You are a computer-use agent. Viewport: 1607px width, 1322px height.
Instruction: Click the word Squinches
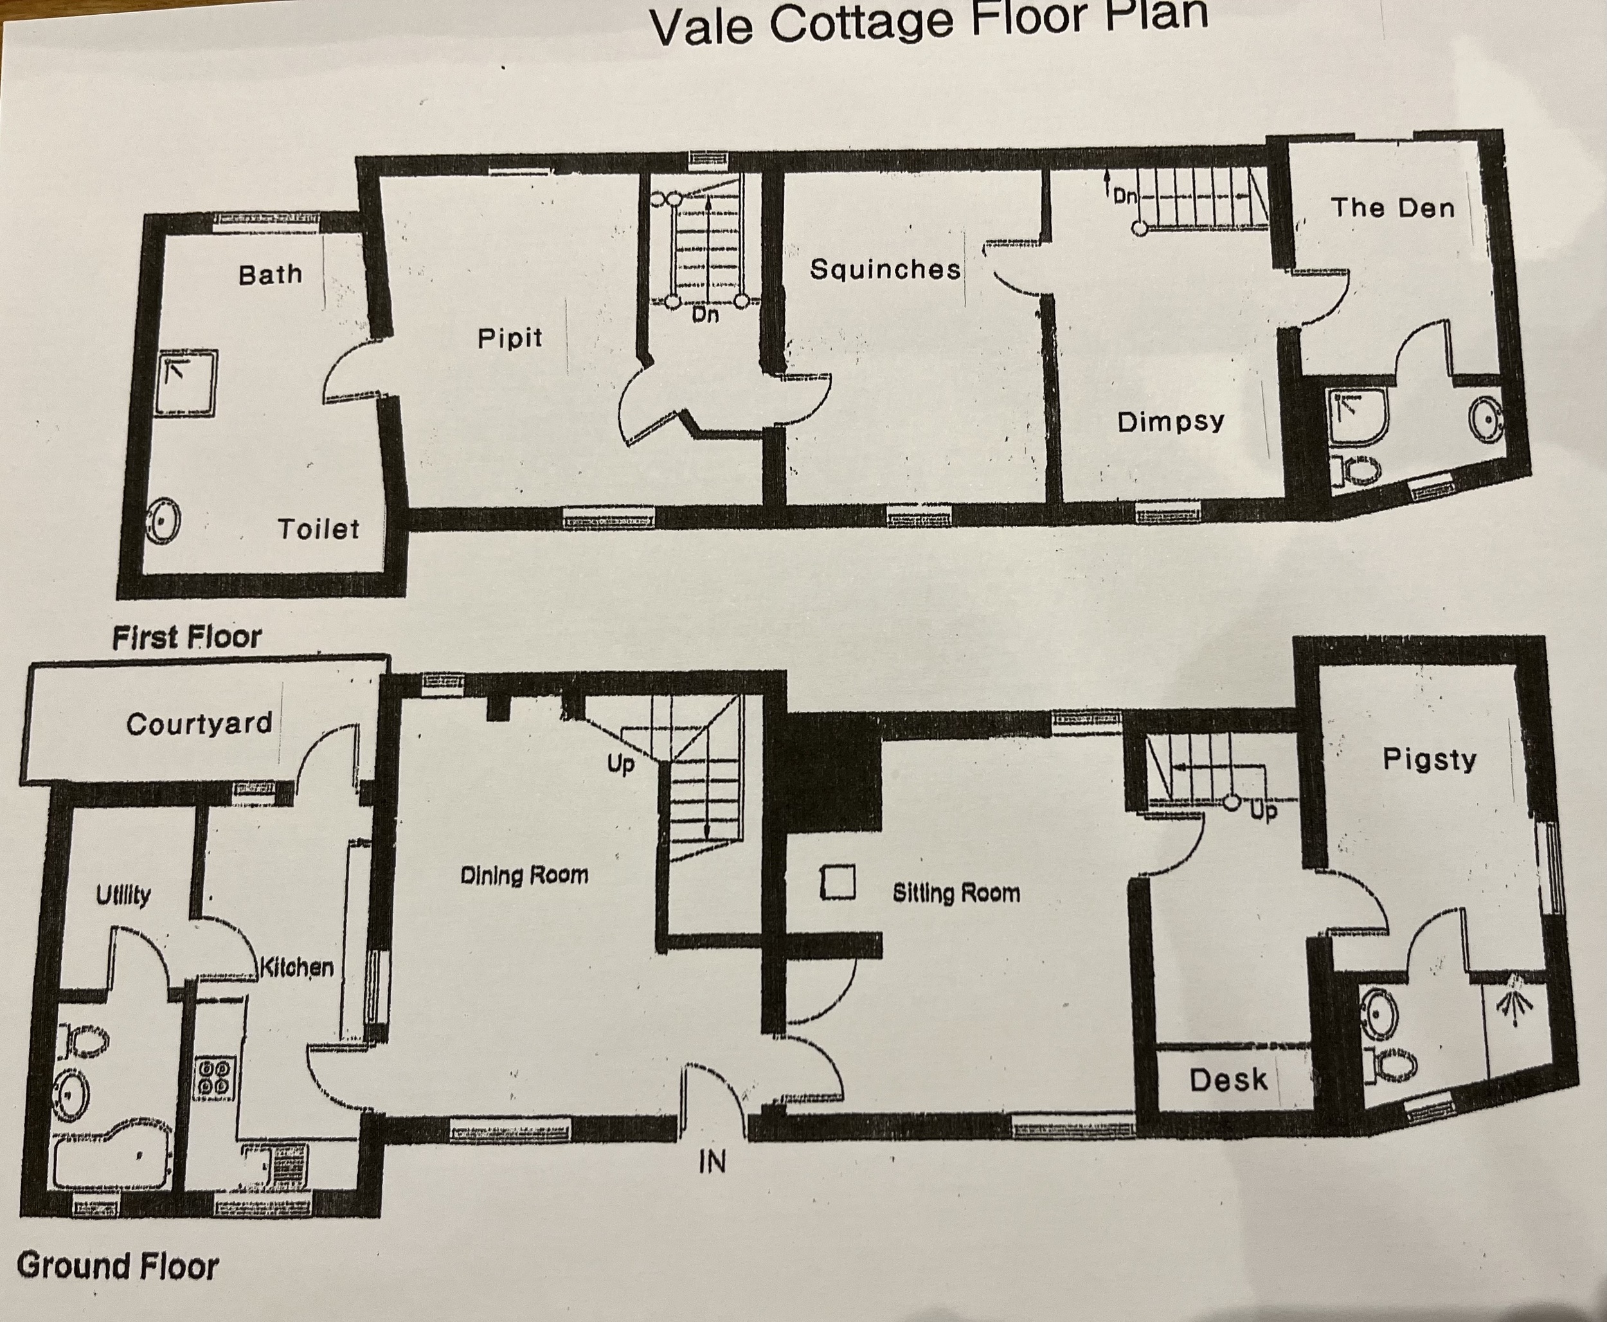point(884,269)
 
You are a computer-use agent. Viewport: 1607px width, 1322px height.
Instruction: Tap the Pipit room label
point(510,338)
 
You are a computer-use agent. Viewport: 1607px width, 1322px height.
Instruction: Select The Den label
point(1392,207)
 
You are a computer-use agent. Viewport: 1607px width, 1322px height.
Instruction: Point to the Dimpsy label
point(1171,421)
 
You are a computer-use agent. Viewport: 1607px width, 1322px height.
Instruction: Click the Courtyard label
point(199,723)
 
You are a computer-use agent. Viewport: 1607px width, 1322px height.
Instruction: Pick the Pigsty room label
point(1430,759)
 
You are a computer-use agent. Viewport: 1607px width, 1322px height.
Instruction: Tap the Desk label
point(1228,1080)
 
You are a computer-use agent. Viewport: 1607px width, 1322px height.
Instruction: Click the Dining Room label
point(525,875)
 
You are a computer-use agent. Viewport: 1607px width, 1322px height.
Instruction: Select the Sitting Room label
point(956,892)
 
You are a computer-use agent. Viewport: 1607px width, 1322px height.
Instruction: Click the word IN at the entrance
point(712,1162)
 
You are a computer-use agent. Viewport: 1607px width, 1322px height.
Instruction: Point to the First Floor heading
point(186,637)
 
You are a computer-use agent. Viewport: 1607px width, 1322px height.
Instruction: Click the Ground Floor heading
point(118,1265)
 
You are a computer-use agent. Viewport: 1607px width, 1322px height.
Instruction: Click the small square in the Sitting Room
point(838,883)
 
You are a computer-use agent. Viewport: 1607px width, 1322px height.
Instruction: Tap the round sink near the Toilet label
point(162,521)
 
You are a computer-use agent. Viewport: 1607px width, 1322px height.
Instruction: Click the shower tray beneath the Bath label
point(186,383)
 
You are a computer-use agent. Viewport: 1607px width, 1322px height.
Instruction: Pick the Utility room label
point(123,895)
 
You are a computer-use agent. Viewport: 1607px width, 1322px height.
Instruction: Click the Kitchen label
point(297,967)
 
